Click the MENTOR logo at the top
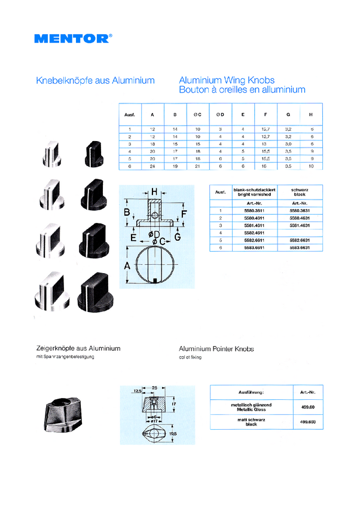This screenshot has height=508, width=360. pyautogui.click(x=72, y=38)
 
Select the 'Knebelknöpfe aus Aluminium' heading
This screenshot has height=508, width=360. pyautogui.click(x=96, y=80)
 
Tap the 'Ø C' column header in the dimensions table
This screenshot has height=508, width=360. pyautogui.click(x=197, y=114)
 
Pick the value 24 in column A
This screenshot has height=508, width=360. pyautogui.click(x=152, y=166)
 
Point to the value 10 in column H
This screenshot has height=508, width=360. pyautogui.click(x=312, y=166)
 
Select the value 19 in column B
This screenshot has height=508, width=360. pyautogui.click(x=175, y=166)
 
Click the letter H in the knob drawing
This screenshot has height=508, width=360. pyautogui.click(x=154, y=191)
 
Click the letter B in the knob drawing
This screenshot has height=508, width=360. pyautogui.click(x=127, y=213)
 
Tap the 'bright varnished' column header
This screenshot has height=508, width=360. pyautogui.click(x=254, y=195)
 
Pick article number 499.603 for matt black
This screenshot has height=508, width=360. pyautogui.click(x=304, y=423)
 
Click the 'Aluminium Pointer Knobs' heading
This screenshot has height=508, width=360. pyautogui.click(x=216, y=348)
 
